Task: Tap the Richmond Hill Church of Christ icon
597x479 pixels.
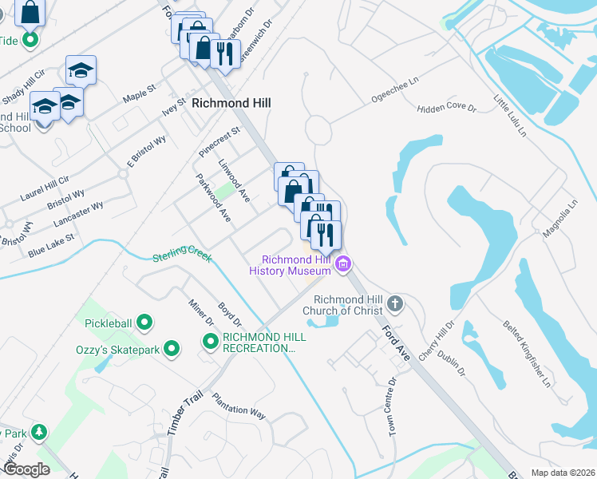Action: (x=395, y=303)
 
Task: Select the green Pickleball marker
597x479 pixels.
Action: (x=144, y=323)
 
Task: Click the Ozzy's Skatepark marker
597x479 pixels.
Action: (x=171, y=348)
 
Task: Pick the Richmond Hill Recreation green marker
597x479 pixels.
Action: (x=211, y=342)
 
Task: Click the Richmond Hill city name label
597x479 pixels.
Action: (x=231, y=103)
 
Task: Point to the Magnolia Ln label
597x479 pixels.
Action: (x=559, y=219)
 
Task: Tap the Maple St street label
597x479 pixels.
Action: (x=139, y=97)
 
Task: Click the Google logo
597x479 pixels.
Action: (x=26, y=469)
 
